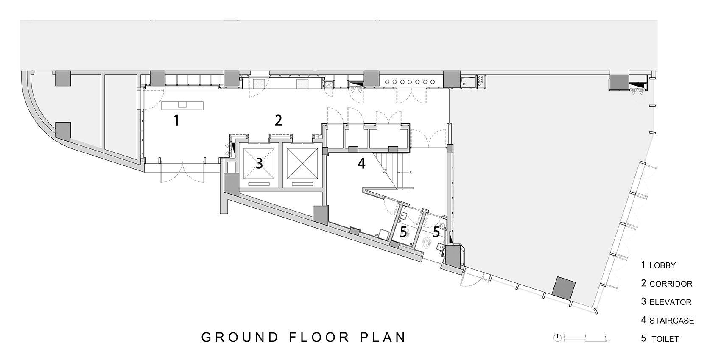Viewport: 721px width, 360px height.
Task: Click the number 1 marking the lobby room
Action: click(176, 120)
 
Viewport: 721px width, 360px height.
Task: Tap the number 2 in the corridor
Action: click(278, 120)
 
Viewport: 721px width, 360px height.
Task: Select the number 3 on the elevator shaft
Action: click(260, 164)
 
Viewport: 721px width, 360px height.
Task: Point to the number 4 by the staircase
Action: click(361, 164)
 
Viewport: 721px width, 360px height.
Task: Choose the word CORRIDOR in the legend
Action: click(671, 284)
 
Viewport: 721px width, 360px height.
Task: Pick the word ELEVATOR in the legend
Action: click(671, 302)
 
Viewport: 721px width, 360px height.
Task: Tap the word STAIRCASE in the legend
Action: click(672, 321)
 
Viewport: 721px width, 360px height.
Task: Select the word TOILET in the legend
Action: click(665, 339)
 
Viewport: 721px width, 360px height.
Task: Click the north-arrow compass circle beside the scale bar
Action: click(557, 338)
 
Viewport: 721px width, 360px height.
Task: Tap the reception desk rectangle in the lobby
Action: click(182, 106)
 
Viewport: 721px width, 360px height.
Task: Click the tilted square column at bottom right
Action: click(563, 288)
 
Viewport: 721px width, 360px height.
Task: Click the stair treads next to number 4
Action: click(394, 170)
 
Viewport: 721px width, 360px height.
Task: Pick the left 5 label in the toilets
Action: click(404, 232)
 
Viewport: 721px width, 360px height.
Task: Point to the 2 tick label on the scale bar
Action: click(606, 336)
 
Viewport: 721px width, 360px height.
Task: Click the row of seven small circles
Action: click(410, 82)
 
